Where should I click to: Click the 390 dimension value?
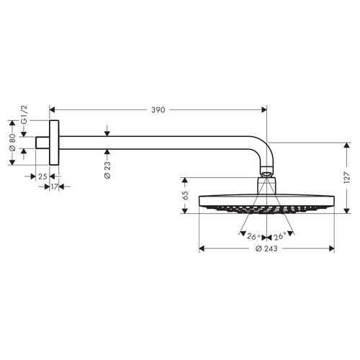(x=158, y=109)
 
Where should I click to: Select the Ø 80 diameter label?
(x=12, y=143)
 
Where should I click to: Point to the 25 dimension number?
(x=42, y=176)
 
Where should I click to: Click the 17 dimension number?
(x=55, y=187)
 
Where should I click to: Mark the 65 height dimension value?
(x=185, y=195)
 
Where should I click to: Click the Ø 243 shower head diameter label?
(x=267, y=249)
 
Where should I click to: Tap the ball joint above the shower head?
(x=266, y=174)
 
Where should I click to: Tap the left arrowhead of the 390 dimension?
(x=52, y=109)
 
